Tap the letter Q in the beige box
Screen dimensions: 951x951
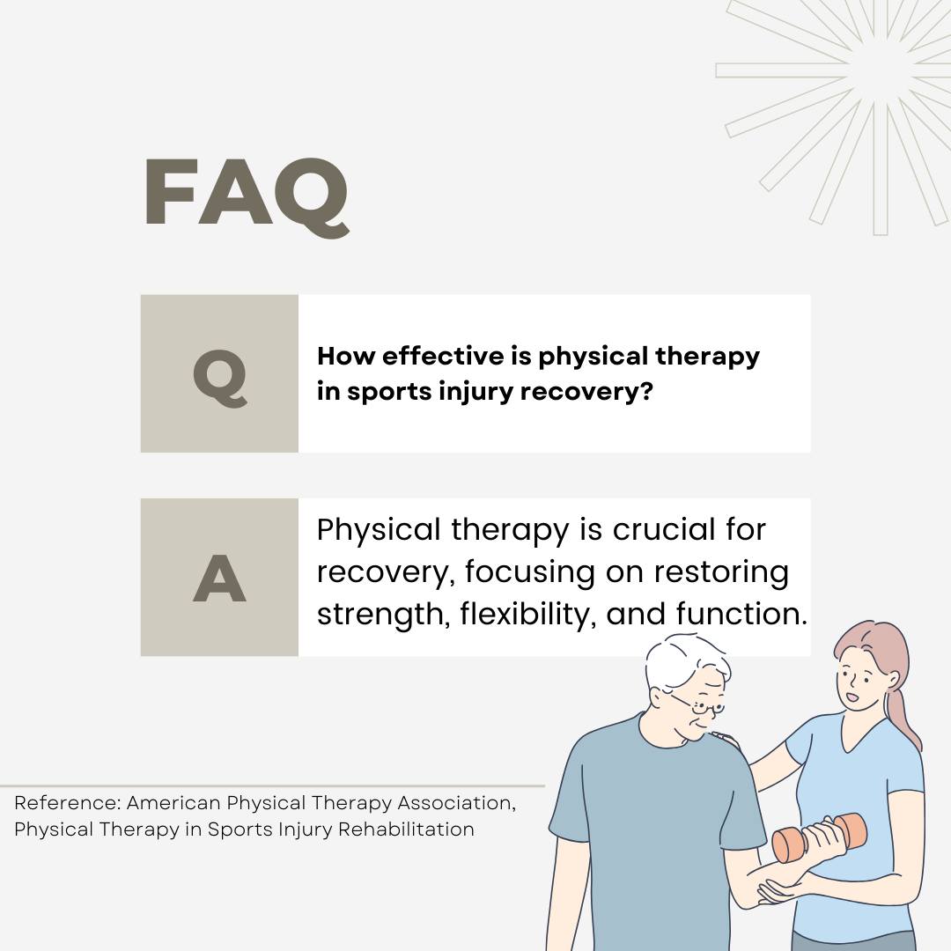(220, 378)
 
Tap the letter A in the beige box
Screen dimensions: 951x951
(219, 579)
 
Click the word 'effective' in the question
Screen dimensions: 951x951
(443, 356)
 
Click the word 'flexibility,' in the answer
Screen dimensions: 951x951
(525, 614)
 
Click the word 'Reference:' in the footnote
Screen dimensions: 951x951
(68, 803)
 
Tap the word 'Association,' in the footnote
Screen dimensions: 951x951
(457, 803)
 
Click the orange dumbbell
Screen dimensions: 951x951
(820, 837)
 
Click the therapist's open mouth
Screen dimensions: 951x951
(852, 697)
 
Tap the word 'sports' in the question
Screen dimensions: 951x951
(388, 393)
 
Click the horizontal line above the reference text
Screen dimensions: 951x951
(272, 786)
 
